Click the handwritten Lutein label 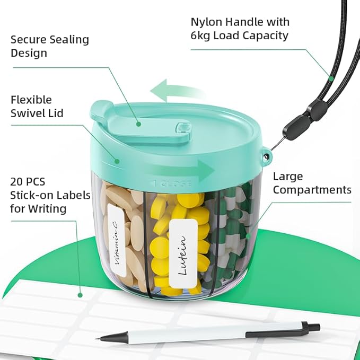click(x=183, y=253)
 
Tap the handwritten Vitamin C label click(x=117, y=240)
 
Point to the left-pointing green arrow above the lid click(x=177, y=91)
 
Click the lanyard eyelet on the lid click(x=266, y=156)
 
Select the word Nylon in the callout click(x=206, y=22)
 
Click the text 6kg click(x=200, y=36)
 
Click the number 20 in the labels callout click(x=16, y=182)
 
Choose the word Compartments click(x=312, y=190)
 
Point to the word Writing click(x=47, y=209)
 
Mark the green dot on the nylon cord click(x=331, y=78)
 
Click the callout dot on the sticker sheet click(x=80, y=295)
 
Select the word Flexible click(x=31, y=100)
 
